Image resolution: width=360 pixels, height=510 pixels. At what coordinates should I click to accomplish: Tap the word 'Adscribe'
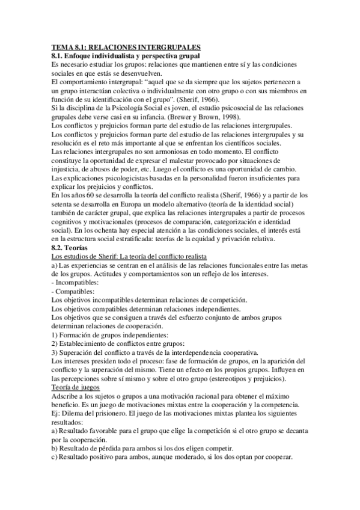[x=67, y=396]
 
